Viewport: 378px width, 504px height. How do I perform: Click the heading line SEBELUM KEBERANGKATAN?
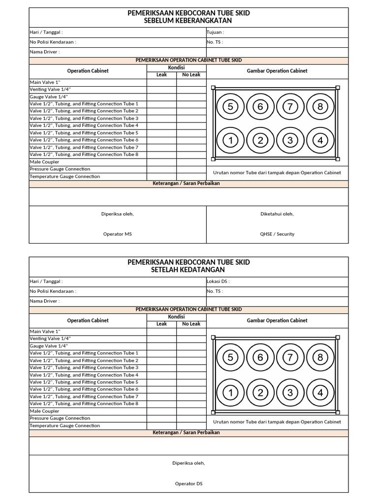coord(189,21)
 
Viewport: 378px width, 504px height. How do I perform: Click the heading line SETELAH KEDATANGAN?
coord(189,270)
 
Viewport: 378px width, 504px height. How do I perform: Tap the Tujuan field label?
coord(216,32)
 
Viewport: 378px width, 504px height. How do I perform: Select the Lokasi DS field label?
coord(218,282)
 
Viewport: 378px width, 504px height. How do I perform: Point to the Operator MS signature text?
coord(117,234)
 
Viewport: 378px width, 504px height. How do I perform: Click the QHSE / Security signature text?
coord(277,234)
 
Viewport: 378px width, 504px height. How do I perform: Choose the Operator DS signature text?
coord(189,484)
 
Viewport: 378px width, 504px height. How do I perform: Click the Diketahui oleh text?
coord(277,214)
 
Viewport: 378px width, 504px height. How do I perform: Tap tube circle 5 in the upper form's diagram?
coord(230,106)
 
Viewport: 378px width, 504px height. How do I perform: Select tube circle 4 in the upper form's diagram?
coord(320,141)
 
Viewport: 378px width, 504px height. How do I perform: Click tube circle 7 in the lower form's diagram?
coord(290,358)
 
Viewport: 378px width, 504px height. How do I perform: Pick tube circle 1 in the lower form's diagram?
coord(230,393)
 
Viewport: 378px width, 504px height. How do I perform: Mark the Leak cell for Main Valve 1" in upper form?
coord(161,83)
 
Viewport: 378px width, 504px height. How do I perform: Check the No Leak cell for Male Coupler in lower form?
coord(191,411)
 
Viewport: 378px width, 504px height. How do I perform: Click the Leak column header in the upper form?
coord(161,75)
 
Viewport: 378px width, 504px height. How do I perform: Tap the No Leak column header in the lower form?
coord(191,324)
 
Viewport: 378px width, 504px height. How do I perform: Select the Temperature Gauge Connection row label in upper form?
coord(64,177)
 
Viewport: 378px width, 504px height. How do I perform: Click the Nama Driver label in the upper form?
coord(45,52)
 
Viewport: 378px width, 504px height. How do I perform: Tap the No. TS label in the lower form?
coord(215,291)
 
